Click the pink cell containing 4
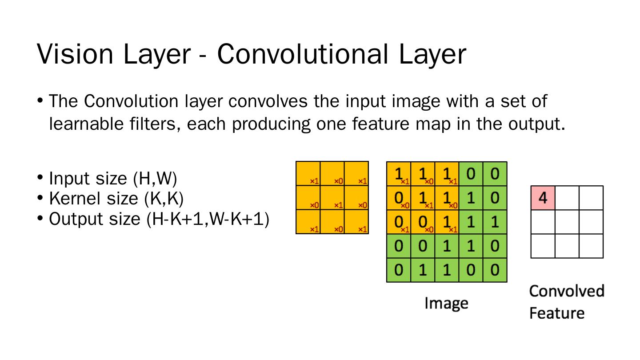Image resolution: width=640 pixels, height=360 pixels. point(543,198)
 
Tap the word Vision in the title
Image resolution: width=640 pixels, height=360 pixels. point(75,54)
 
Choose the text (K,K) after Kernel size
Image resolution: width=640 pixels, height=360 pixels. point(164,199)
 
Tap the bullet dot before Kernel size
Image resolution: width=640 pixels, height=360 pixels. point(40,198)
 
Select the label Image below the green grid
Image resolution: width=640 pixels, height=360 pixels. point(446,304)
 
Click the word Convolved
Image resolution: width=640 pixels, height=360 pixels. point(567,291)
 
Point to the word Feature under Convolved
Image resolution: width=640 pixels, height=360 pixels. point(556,313)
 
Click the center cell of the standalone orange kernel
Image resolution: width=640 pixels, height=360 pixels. point(332,198)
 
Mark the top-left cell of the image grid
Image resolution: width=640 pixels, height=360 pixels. point(399,174)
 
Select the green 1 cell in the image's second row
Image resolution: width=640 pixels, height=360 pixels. point(471,198)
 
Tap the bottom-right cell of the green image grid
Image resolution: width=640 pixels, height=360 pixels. point(495,270)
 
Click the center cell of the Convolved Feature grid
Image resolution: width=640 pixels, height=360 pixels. point(567,222)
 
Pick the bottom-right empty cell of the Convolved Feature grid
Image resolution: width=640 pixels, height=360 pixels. point(591,246)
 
